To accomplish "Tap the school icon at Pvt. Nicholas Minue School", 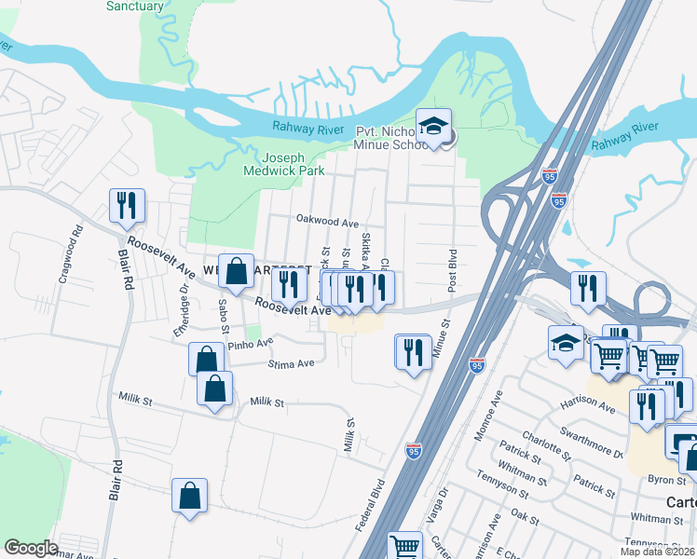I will point(433,127).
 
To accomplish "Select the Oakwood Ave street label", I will point(327,224).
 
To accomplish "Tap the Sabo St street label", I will point(224,316).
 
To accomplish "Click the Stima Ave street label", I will point(290,364).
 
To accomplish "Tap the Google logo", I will point(32,548).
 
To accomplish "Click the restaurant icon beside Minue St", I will point(412,351).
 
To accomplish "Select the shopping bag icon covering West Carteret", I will point(237,271).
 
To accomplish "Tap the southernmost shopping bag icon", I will point(189,497).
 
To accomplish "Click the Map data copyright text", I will point(657,552).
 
